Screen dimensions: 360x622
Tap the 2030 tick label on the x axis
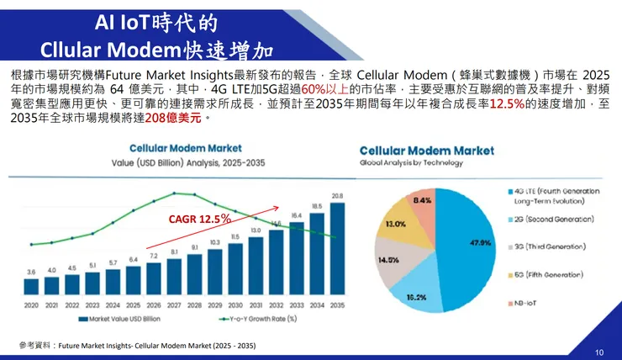pyautogui.click(x=235, y=304)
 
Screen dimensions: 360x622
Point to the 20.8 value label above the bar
pyautogui.click(x=337, y=196)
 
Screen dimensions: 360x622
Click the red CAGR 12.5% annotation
pyautogui.click(x=199, y=218)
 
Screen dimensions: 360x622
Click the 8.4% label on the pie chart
pyautogui.click(x=422, y=200)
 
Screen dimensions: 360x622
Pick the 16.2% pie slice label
pyautogui.click(x=415, y=298)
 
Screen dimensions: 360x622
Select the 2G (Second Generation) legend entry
pyautogui.click(x=555, y=218)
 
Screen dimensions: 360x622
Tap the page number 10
pyautogui.click(x=598, y=352)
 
